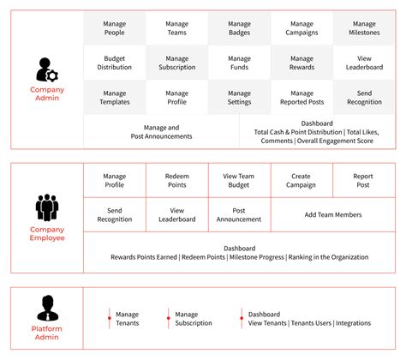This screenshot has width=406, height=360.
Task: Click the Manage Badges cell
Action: (239, 28)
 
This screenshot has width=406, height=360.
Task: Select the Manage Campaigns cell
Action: (302, 28)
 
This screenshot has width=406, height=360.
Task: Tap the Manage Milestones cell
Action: (364, 28)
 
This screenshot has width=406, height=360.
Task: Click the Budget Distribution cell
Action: (114, 63)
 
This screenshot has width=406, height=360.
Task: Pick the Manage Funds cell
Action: (239, 63)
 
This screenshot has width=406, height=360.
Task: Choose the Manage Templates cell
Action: (114, 98)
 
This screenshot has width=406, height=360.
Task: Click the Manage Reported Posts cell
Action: (302, 98)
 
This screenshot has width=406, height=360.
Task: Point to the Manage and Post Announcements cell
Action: (162, 131)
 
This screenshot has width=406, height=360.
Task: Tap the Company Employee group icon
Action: (46, 208)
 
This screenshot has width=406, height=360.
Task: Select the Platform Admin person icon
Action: (46, 308)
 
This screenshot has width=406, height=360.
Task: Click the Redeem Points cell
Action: (176, 181)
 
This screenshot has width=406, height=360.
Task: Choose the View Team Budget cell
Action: (239, 181)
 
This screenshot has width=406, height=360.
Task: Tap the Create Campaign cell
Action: (302, 181)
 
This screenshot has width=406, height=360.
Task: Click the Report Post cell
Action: (364, 181)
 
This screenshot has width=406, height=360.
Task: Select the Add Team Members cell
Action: (333, 214)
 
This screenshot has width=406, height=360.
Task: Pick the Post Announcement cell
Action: (239, 214)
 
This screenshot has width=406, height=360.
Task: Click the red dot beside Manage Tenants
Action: (109, 318)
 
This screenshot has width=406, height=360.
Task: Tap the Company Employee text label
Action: (47, 235)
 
